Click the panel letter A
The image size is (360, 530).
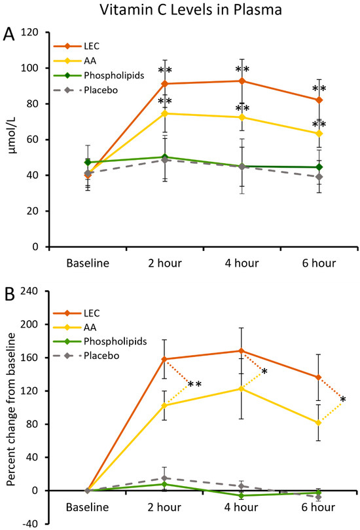coord(10,33)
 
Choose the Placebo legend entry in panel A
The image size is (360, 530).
coord(98,89)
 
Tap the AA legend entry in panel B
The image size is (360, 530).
coord(88,326)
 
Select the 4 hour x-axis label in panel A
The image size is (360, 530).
coord(243,264)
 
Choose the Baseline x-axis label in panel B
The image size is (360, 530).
coord(88,507)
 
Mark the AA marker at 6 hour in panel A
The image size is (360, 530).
coord(319,134)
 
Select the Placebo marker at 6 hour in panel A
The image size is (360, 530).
coord(319,177)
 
